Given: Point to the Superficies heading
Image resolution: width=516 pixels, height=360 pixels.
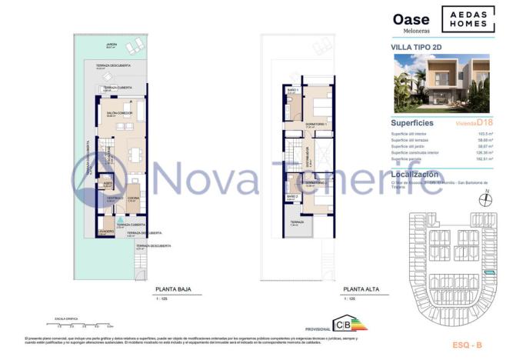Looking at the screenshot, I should (x=412, y=122).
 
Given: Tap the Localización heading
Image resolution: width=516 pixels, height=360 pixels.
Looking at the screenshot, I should (x=418, y=175).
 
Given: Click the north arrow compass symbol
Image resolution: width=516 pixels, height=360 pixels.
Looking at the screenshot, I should (x=484, y=201).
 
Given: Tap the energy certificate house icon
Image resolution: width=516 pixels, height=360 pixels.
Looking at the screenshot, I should (x=339, y=324).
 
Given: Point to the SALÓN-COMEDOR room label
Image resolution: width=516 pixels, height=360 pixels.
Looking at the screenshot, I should (x=120, y=113).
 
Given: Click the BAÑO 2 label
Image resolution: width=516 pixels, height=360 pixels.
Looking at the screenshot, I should (x=292, y=196).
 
